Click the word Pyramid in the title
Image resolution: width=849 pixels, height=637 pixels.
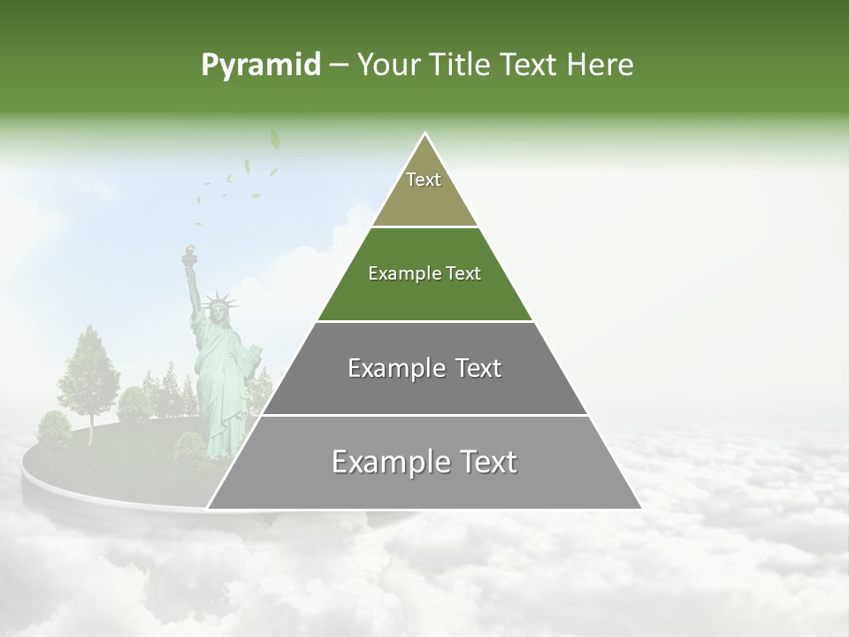coord(261,65)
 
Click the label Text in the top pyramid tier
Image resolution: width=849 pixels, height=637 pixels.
coord(424,180)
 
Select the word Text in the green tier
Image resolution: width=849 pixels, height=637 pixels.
coord(464,273)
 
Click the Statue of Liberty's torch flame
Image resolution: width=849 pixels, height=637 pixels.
coord(187,250)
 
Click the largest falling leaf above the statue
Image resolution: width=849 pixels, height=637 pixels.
coord(274,139)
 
